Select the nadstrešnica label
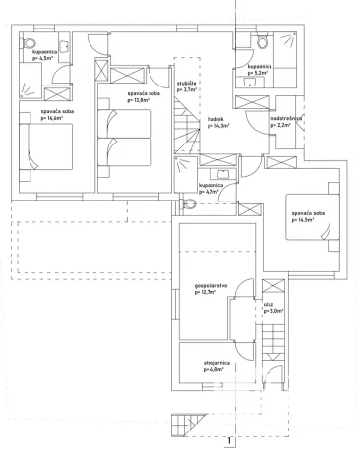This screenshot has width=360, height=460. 285,122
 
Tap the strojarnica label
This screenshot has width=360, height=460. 218,366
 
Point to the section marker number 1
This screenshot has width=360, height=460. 228,440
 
